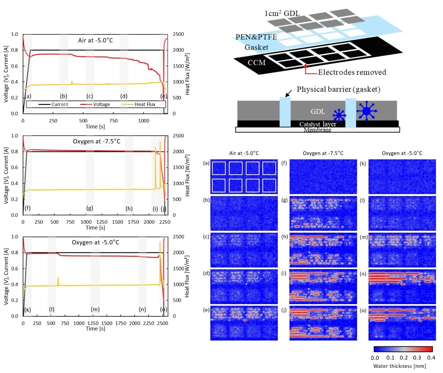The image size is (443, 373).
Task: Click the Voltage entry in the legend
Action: click(101, 104)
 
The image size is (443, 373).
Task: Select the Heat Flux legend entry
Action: click(145, 104)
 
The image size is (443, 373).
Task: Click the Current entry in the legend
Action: click(60, 104)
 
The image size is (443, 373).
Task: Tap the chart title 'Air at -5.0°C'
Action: click(95, 40)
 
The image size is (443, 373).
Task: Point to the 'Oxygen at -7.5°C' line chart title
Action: click(97, 141)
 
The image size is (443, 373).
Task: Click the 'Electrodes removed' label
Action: click(352, 72)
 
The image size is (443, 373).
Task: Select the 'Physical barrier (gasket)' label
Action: click(338, 89)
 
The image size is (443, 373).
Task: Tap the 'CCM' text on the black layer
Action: click(256, 62)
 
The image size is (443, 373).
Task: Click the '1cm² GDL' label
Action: click(282, 13)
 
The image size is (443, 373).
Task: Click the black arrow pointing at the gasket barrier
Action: click(288, 93)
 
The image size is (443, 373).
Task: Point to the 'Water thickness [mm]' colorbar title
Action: click(400, 366)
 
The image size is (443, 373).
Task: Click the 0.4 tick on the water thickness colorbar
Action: click(431, 358)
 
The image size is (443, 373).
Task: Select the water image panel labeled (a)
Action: click(244, 176)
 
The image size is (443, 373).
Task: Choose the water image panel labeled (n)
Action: click(402, 287)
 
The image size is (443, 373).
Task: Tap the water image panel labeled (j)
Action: click(323, 323)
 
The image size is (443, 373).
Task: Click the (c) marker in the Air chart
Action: click(89, 96)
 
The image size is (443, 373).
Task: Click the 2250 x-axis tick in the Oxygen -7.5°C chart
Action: click(165, 222)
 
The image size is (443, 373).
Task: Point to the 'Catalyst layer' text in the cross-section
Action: click(318, 124)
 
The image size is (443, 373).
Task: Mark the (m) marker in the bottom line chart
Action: click(95, 309)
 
